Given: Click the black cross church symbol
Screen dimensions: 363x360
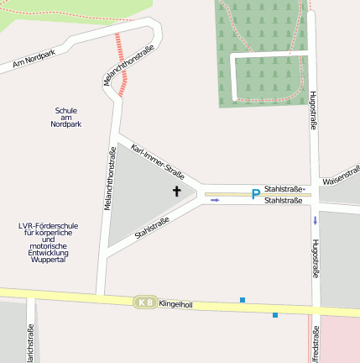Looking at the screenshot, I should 177,192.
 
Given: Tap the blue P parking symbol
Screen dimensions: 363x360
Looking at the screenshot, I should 255,195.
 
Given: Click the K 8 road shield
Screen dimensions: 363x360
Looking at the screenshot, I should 145,302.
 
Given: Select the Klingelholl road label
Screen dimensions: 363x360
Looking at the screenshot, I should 175,305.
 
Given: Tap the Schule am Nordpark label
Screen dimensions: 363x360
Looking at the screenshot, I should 65,117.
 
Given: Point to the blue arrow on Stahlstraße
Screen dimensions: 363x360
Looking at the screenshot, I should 215,200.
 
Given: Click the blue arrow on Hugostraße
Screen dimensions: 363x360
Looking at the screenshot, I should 316,221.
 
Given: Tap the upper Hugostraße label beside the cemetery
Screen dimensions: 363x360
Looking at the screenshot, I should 313,109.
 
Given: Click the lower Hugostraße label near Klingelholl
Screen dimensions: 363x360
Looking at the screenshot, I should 316,259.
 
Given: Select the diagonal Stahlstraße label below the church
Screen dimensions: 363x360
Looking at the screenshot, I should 152,227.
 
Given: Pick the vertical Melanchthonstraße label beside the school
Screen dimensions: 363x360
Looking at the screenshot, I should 109,178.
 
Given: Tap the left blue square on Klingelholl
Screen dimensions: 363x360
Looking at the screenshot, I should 243,300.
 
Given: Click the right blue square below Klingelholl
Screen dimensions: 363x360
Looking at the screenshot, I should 274,315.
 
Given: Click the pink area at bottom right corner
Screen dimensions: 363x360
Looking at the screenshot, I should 340,340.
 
